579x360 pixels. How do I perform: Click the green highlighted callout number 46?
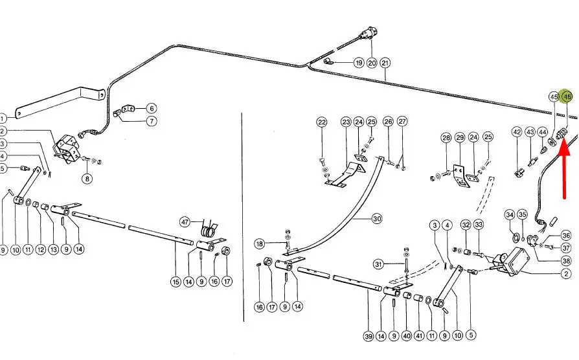567,96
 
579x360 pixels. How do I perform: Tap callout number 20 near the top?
371,63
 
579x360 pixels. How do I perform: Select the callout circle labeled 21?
385,63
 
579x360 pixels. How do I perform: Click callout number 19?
358,63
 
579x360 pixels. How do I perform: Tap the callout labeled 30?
376,219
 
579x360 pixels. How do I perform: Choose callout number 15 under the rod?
176,282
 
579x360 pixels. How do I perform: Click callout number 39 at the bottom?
368,335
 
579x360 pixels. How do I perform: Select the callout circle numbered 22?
322,122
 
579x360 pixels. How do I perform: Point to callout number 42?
516,132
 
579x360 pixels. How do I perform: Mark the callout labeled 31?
380,264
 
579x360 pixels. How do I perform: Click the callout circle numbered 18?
259,243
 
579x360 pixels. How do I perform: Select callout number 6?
150,108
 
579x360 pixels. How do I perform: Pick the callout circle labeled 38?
566,261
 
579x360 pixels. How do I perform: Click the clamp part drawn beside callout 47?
209,229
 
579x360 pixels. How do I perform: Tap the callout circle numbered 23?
345,122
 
